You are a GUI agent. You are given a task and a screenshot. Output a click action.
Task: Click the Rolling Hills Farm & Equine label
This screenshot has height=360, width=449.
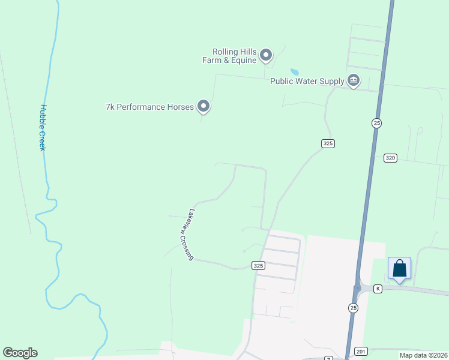tap(234, 56)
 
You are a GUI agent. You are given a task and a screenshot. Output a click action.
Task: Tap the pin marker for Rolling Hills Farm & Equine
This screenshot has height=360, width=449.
tap(266, 56)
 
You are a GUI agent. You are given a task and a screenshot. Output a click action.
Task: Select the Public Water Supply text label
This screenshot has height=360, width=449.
tap(307, 81)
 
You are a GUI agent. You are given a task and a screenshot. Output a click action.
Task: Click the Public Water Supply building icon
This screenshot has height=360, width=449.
tap(354, 80)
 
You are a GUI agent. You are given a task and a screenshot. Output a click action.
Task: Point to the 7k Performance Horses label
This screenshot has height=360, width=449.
tap(149, 107)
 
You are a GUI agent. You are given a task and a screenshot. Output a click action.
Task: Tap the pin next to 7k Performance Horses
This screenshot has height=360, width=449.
tap(203, 106)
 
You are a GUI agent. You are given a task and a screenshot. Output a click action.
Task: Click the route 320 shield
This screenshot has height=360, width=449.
tap(390, 158)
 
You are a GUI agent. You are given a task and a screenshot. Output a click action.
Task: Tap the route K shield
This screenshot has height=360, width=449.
tap(378, 289)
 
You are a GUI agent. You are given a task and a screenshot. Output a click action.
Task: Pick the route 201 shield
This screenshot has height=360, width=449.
tap(360, 351)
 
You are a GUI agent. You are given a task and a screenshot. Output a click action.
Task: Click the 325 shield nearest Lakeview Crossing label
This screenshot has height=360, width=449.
tap(258, 265)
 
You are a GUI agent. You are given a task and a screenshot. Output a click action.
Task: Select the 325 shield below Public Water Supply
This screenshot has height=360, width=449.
tap(327, 143)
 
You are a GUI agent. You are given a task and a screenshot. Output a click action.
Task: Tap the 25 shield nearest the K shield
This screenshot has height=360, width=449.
tap(353, 308)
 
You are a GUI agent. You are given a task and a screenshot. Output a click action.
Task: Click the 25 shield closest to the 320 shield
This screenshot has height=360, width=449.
tap(376, 123)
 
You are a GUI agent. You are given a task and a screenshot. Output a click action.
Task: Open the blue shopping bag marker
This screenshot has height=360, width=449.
tap(399, 268)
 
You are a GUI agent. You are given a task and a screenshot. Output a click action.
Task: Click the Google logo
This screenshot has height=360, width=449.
tap(20, 353)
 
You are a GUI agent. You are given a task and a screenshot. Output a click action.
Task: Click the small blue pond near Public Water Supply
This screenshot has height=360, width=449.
tap(295, 73)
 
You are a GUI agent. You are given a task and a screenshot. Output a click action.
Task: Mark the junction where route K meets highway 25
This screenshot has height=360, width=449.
tap(358, 289)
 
